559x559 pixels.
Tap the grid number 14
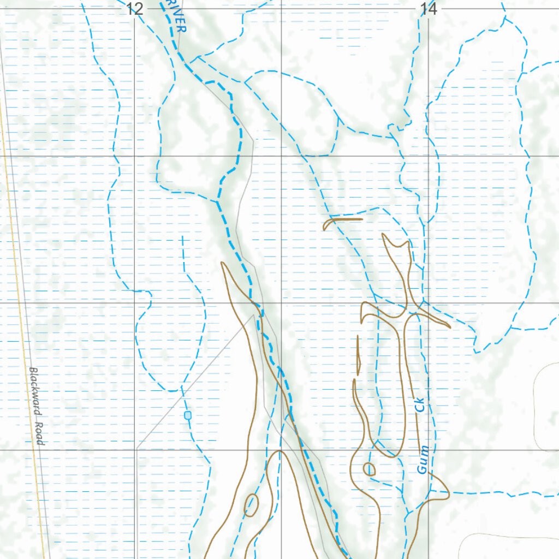(x=429, y=8)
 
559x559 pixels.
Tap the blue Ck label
(x=419, y=405)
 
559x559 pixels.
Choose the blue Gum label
(x=423, y=460)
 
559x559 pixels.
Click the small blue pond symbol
(x=188, y=415)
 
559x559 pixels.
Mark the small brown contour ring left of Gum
(x=369, y=468)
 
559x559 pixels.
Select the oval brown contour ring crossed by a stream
(x=251, y=505)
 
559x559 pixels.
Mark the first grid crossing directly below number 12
(x=135, y=156)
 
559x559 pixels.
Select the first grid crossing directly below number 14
(x=429, y=156)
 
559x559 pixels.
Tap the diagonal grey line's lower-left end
(x=137, y=448)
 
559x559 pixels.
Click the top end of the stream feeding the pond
(x=182, y=237)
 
